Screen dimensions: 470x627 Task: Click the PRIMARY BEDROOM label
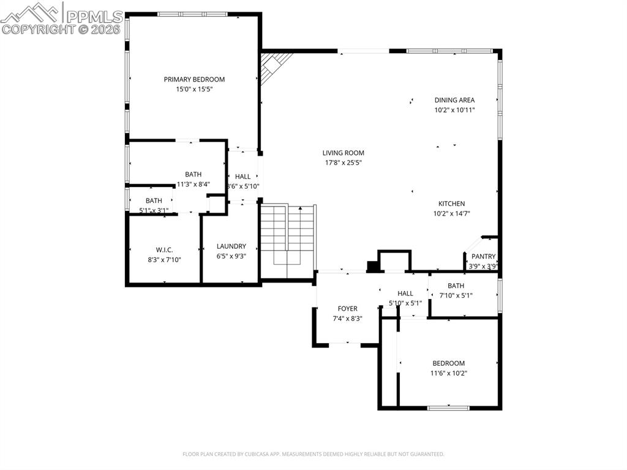pyautogui.click(x=194, y=79)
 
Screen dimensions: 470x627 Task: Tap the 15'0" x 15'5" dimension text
pyautogui.click(x=194, y=89)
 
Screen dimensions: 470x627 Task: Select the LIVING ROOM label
pyautogui.click(x=344, y=153)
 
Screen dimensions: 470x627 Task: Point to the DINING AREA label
pyautogui.click(x=454, y=100)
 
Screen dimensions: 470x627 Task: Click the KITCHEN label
pyautogui.click(x=451, y=204)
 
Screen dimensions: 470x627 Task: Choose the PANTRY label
pyautogui.click(x=483, y=257)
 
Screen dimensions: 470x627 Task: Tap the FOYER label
pyautogui.click(x=347, y=309)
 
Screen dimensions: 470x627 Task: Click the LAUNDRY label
pyautogui.click(x=231, y=246)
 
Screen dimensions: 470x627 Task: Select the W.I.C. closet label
pyautogui.click(x=164, y=249)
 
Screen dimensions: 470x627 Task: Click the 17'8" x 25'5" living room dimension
pyautogui.click(x=344, y=163)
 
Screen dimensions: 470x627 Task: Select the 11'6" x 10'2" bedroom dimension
pyautogui.click(x=448, y=373)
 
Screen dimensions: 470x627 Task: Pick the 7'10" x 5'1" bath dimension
pyautogui.click(x=456, y=295)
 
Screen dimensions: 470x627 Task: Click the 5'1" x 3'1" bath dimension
pyautogui.click(x=154, y=210)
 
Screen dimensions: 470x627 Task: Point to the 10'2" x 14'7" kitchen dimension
pyautogui.click(x=451, y=214)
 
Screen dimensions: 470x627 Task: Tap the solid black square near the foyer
pyautogui.click(x=372, y=267)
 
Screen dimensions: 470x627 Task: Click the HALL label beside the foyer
pyautogui.click(x=405, y=294)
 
